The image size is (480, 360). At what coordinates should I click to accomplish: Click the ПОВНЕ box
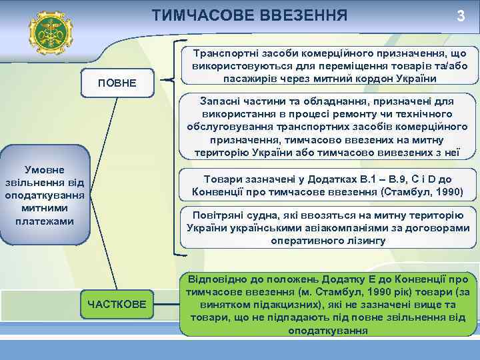click(117, 83)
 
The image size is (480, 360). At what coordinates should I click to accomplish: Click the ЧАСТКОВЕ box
click(117, 304)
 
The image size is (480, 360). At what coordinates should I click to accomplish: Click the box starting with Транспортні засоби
click(329, 66)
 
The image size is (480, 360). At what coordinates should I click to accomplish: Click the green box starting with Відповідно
click(329, 303)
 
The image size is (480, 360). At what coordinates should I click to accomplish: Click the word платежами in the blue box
click(45, 221)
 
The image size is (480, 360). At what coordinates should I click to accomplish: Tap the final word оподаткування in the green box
click(329, 329)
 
